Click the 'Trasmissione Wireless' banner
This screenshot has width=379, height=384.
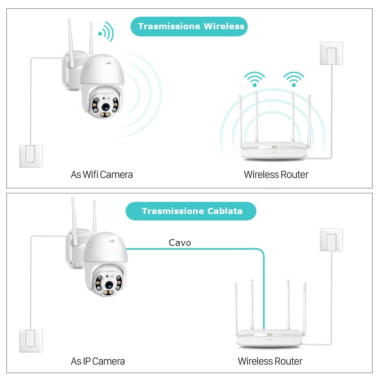pos(189,27)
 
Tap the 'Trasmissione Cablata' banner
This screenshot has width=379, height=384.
pos(191,211)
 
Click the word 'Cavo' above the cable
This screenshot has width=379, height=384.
pos(180,243)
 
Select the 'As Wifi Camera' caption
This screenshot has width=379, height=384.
pos(102,175)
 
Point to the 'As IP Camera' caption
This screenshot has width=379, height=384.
pos(98,361)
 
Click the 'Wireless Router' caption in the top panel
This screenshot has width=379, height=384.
pos(276,175)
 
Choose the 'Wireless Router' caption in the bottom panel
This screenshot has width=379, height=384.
pos(270,361)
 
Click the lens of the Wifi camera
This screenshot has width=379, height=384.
pos(105,107)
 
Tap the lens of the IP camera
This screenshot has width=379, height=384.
pos(109,285)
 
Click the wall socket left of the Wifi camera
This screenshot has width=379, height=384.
pos(31,156)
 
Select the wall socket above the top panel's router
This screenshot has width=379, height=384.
pos(331,54)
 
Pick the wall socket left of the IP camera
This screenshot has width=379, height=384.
pos(31,341)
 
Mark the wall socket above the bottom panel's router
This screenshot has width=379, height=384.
pos(331,240)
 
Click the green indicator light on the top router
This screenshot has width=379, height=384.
pos(274,147)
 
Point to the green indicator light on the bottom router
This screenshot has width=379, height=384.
pos(269,335)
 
